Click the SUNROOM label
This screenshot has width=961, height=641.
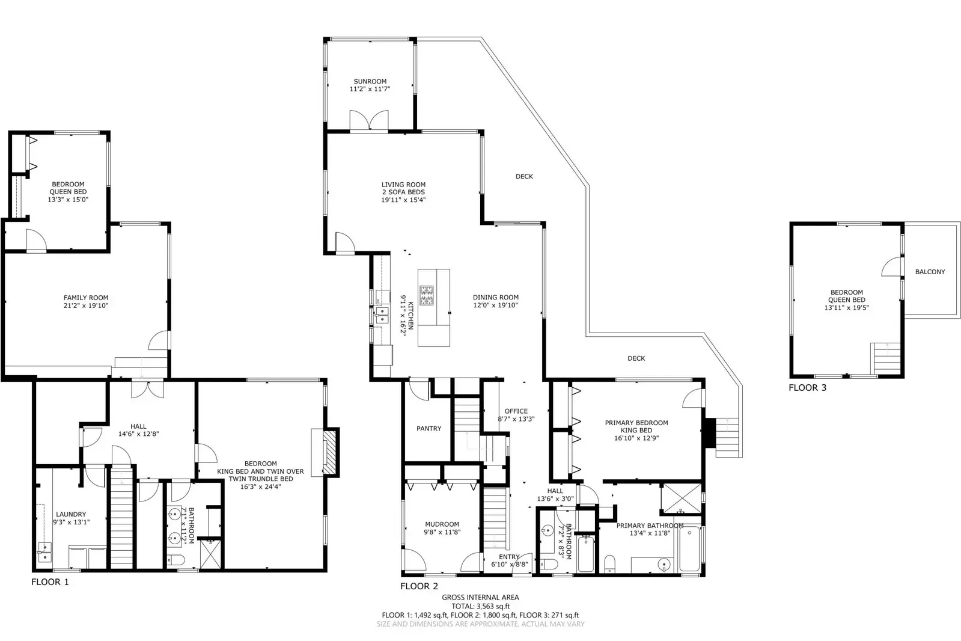coord(370,81)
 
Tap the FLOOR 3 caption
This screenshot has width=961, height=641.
coord(807,388)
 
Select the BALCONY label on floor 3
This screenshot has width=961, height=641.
coord(930,272)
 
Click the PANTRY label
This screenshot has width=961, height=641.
coord(429,429)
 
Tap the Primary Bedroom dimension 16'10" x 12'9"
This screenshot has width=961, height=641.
coord(636,438)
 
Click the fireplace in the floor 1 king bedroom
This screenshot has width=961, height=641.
coord(329,452)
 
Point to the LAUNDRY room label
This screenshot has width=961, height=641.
coord(71,514)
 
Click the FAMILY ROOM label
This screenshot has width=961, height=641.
coord(86,298)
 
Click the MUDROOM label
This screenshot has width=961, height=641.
coord(442,524)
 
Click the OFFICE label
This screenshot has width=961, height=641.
coord(516,411)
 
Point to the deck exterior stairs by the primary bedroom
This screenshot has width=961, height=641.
coord(728,436)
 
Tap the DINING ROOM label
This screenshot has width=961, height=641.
coord(495,297)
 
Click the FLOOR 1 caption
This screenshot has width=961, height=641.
coord(50,582)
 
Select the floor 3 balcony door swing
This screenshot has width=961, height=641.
coord(892,267)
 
